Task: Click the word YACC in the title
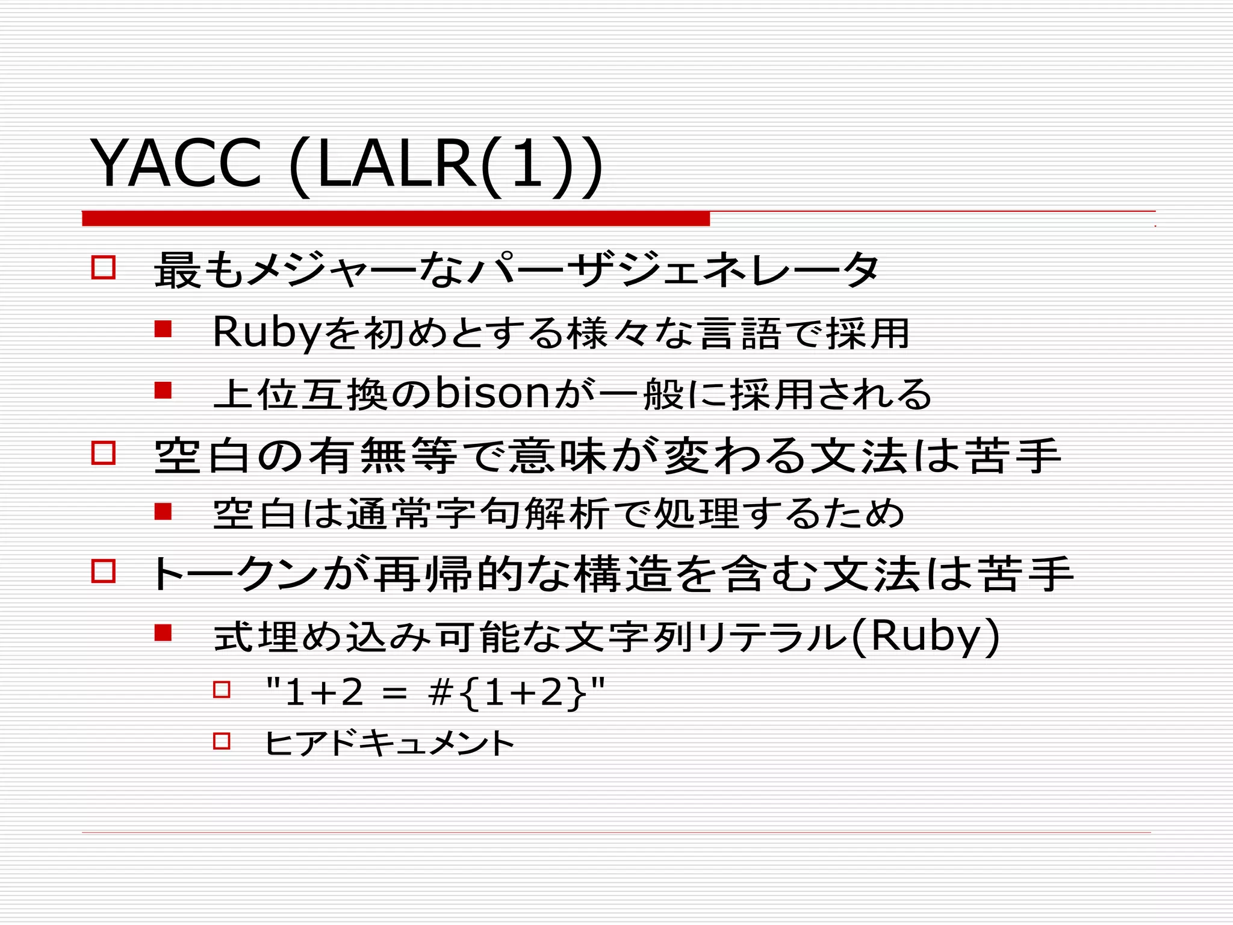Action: pyautogui.click(x=176, y=164)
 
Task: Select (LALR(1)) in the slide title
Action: pyautogui.click(x=446, y=165)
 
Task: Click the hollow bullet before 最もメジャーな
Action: pyautogui.click(x=104, y=267)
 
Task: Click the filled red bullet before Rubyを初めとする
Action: pyautogui.click(x=163, y=329)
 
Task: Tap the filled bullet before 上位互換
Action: pyautogui.click(x=163, y=391)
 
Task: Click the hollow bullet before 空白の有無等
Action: pyautogui.click(x=104, y=452)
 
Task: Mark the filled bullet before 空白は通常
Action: pyautogui.click(x=163, y=512)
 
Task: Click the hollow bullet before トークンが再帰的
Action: pyautogui.click(x=104, y=570)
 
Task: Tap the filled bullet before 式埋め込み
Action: pyautogui.click(x=163, y=633)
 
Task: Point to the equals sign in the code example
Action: pyautogui.click(x=394, y=694)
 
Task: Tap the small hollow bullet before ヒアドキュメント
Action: pyautogui.click(x=222, y=741)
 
